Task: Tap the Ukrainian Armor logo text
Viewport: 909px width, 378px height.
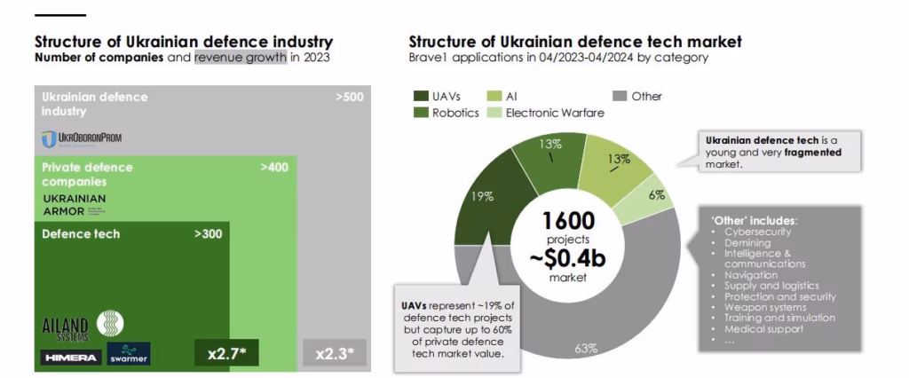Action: (74, 204)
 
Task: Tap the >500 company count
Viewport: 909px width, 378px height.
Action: (349, 97)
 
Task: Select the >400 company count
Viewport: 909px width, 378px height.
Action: (273, 167)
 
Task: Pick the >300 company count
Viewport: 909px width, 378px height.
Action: (208, 233)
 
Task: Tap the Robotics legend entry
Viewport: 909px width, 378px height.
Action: (455, 113)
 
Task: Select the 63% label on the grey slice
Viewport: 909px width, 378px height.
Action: (586, 348)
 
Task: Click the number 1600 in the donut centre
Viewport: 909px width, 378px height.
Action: (569, 220)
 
